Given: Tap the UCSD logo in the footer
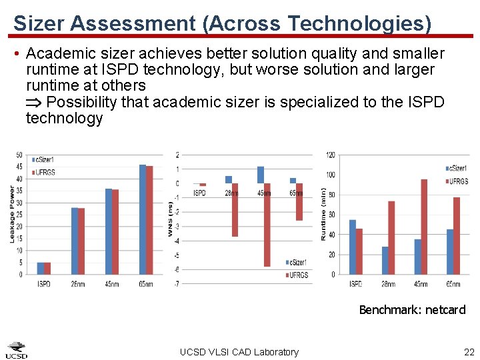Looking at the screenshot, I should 17,350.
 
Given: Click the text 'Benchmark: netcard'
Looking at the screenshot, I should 412,309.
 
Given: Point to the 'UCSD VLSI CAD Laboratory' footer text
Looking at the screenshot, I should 239,352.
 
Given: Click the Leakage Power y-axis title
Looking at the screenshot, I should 11,214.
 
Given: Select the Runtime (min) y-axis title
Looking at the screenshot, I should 323,213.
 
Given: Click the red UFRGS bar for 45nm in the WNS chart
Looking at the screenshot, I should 267,225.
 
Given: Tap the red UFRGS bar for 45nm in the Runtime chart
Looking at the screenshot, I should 424,227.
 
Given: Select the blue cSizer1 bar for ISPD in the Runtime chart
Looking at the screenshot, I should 352,247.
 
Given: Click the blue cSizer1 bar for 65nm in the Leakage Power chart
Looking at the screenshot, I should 142,219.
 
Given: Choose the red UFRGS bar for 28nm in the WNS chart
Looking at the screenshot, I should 235,209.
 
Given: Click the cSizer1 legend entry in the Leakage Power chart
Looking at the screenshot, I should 44,160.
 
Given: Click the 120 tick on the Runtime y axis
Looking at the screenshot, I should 331,155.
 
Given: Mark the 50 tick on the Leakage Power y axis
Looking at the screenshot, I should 19,155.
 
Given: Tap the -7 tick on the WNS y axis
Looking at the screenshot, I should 176,284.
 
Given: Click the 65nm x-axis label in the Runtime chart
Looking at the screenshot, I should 453,284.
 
